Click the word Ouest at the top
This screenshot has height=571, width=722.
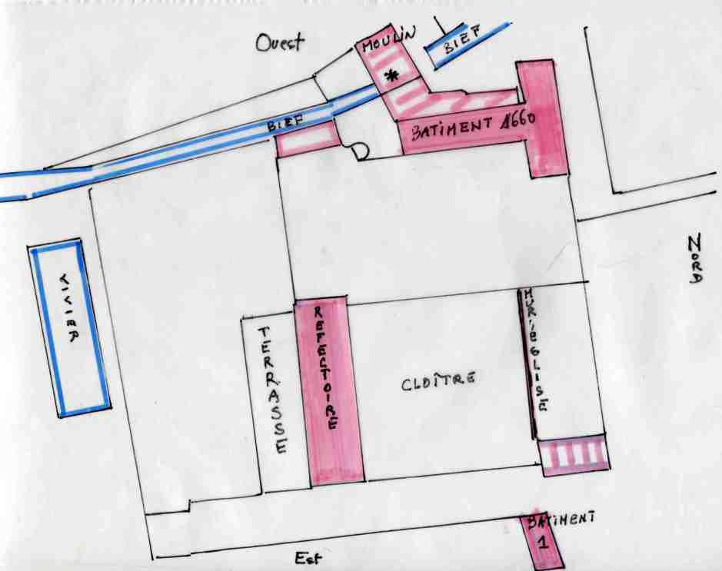[280, 43]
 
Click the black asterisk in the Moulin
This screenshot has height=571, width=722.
[392, 75]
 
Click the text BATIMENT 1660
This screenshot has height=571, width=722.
[473, 124]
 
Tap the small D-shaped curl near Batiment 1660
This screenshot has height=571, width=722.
[359, 152]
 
